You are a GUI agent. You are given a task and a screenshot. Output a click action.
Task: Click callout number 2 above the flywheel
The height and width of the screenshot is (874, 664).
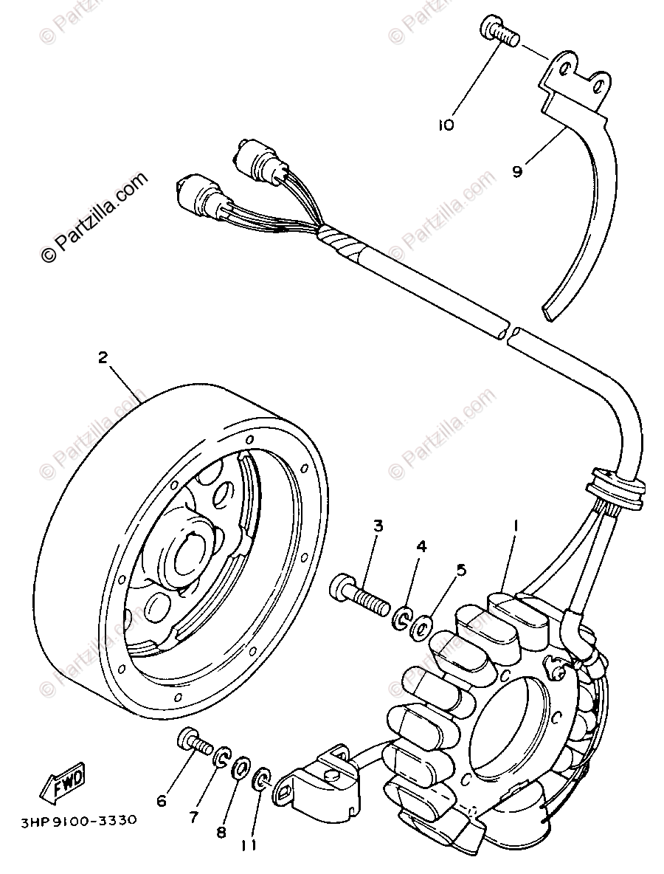[103, 357]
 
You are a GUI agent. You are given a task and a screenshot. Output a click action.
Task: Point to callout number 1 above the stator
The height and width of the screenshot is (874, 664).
[516, 526]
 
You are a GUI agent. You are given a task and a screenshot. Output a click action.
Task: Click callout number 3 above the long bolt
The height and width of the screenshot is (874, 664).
[378, 526]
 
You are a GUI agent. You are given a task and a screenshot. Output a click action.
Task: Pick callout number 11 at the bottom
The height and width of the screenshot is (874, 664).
[249, 844]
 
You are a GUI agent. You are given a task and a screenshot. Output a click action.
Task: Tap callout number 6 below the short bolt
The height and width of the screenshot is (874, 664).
[162, 801]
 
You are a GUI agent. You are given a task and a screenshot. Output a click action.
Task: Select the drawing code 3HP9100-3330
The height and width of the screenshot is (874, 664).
[73, 819]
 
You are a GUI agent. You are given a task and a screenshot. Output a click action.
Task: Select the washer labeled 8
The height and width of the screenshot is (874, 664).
[241, 768]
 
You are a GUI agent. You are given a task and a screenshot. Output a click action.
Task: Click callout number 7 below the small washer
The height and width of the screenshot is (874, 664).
[193, 816]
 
